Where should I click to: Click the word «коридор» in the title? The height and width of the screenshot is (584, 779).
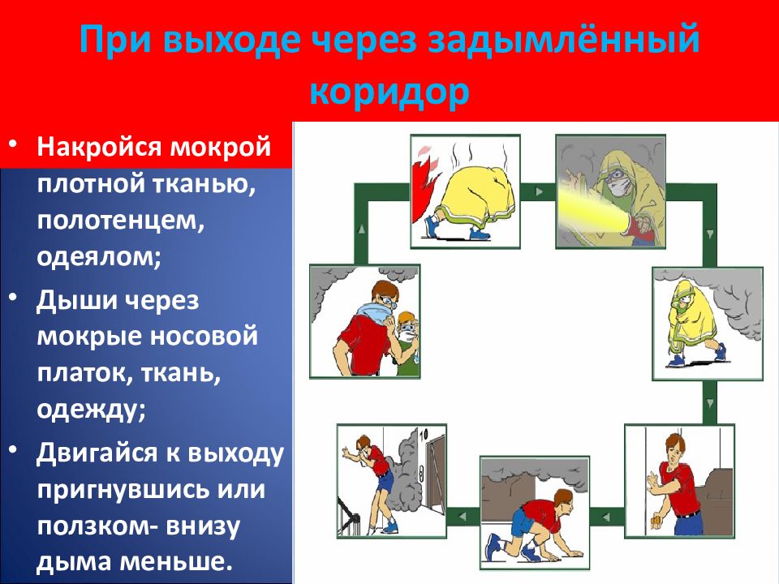coord(389,92)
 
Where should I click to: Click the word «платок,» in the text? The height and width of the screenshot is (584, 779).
coord(84,373)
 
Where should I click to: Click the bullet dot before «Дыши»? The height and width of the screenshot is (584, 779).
coord(14,298)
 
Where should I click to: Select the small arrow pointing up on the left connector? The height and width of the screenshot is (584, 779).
coord(362,229)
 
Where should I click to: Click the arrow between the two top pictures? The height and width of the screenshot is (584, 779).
coord(539,191)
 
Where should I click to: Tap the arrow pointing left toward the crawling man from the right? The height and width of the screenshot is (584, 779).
coord(605,517)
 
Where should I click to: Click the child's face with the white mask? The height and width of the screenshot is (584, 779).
coord(407,328)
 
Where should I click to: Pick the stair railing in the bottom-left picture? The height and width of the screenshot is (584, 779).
coord(350,516)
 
